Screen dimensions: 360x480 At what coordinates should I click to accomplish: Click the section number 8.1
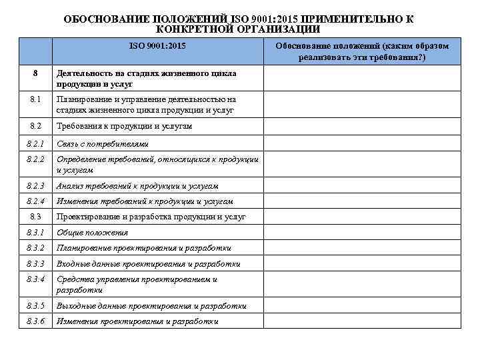36,99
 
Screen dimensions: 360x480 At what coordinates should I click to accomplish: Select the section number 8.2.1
36,143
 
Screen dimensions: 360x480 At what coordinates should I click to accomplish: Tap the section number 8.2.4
36,201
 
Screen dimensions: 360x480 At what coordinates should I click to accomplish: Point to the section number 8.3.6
36,321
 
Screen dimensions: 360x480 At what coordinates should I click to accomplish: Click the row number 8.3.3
36,264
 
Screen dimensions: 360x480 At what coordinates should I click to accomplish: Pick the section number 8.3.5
36,306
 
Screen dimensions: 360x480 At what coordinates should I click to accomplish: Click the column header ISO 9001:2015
157,45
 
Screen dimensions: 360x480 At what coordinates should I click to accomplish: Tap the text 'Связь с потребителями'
102,144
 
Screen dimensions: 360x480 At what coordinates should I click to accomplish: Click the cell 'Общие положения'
92,233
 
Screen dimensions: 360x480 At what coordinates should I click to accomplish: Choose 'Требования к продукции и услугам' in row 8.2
125,126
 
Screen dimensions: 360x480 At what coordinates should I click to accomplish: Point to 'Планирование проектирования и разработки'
144,248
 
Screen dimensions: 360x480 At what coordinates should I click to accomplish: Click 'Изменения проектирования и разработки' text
137,321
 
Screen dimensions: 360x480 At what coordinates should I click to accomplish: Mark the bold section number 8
36,73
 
